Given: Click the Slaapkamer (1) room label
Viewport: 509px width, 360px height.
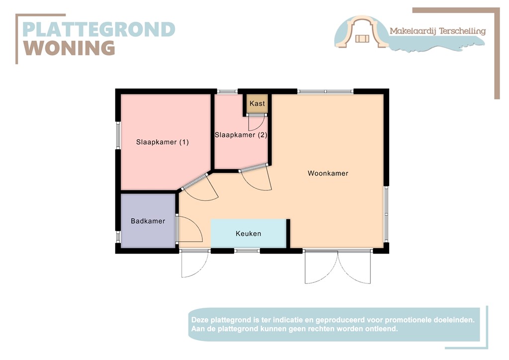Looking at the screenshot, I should click(163, 142).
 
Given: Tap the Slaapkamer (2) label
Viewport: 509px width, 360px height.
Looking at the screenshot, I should click(241, 135).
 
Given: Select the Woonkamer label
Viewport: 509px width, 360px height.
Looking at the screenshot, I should click(328, 174).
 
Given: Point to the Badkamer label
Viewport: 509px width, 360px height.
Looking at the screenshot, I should click(148, 221).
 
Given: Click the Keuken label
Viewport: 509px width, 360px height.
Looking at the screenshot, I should click(248, 234).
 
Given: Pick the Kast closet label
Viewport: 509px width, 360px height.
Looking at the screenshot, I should click(257, 103).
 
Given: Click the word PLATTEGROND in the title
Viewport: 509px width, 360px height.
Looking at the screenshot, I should click(99, 29).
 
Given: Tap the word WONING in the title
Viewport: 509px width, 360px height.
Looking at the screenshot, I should click(70, 48).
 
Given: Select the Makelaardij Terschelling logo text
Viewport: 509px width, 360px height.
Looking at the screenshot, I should click(437, 31).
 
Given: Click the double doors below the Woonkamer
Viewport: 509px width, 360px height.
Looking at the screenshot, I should click(338, 267).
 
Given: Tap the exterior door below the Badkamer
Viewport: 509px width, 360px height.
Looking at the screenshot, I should click(193, 264).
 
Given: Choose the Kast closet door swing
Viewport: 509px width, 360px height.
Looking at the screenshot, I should click(256, 122).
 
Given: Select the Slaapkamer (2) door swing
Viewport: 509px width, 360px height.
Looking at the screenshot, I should click(256, 179).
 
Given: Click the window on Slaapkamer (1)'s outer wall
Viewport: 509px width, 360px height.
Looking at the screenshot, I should click(118, 135).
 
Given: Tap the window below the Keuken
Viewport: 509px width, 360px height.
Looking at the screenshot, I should click(247, 251).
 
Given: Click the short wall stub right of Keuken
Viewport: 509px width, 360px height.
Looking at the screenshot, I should click(288, 233).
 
